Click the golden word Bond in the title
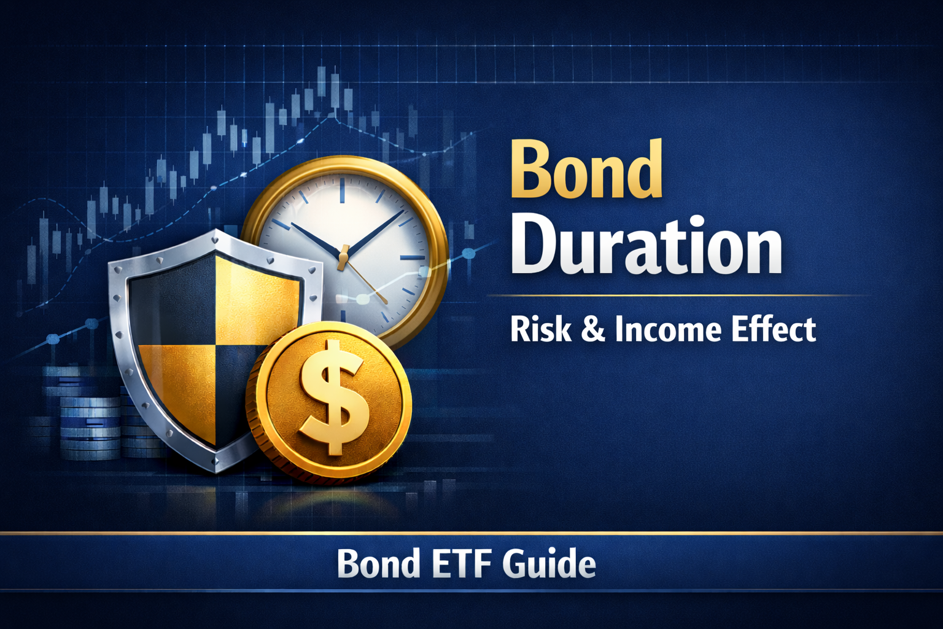586,169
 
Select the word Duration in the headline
646,246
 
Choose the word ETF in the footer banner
461,563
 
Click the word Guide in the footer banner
549,563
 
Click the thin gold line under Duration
675,295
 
